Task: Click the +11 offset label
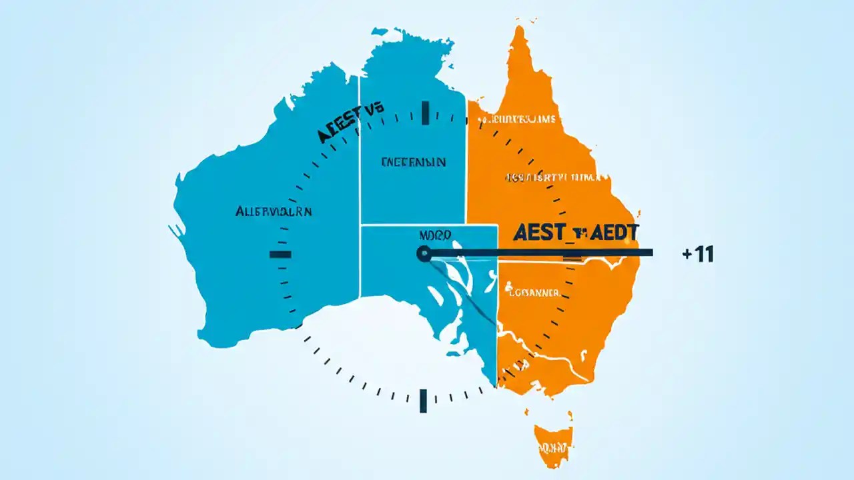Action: click(x=698, y=254)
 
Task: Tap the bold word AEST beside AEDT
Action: click(x=539, y=233)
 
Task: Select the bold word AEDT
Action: click(x=612, y=233)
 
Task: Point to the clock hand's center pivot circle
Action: click(x=423, y=253)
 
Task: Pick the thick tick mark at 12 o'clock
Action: click(x=424, y=113)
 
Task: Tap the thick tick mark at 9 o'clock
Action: click(x=280, y=254)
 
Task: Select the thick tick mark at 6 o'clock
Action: click(x=423, y=401)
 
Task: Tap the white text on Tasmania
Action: click(x=554, y=448)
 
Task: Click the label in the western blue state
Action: click(x=274, y=211)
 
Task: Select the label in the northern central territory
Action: click(x=413, y=162)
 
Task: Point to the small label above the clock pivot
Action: click(x=435, y=235)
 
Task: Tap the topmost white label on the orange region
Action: click(x=517, y=120)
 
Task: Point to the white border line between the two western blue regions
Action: click(x=360, y=187)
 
